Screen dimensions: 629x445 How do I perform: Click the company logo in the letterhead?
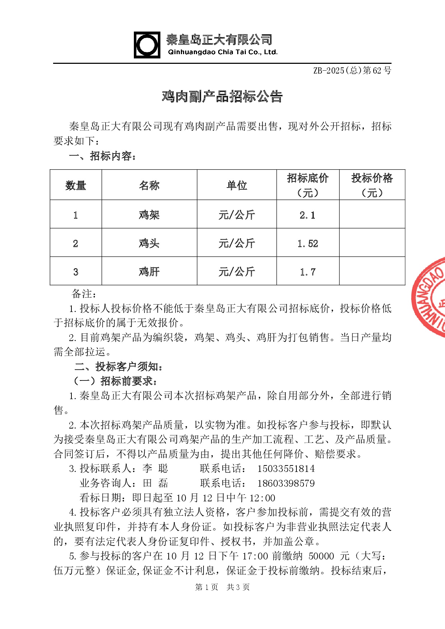tap(147, 45)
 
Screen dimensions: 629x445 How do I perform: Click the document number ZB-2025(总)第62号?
tap(352, 71)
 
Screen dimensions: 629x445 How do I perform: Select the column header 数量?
tap(76, 185)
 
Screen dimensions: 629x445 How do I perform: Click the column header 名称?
tap(149, 185)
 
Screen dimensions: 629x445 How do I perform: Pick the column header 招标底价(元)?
tap(308, 185)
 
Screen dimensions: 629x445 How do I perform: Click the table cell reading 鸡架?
tap(149, 215)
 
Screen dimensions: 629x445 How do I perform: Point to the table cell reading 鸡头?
tap(149, 243)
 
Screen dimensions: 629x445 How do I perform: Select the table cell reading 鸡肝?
tap(149, 271)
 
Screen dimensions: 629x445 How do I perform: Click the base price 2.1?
tap(308, 215)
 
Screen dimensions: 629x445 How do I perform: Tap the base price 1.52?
tap(308, 243)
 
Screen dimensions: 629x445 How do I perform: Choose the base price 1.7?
tap(308, 272)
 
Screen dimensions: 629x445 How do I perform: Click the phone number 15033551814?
tap(286, 469)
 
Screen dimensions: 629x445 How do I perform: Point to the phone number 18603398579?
tap(286, 483)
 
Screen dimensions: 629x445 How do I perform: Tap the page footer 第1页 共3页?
tap(222, 587)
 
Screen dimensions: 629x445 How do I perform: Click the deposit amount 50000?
tap(321, 556)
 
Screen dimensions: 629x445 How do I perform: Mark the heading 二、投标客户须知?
tap(119, 366)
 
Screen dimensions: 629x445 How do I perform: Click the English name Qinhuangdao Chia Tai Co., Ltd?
tap(222, 52)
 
